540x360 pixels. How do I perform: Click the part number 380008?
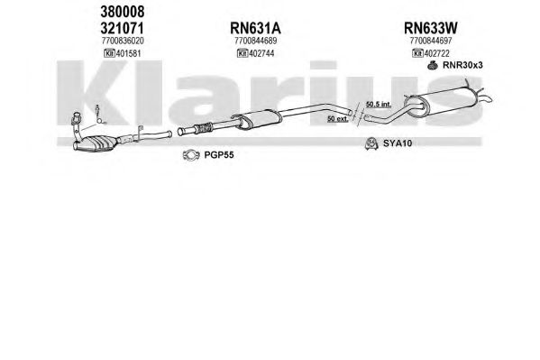[x=123, y=12]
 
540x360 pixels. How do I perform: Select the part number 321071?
[x=122, y=28]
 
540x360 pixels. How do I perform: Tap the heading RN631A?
[x=255, y=28]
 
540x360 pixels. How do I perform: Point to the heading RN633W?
[x=431, y=28]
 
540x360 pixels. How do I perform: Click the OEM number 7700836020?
[x=123, y=41]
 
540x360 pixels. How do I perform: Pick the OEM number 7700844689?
[x=255, y=41]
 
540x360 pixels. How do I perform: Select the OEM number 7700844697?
[x=431, y=41]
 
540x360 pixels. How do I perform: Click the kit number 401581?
[x=128, y=53]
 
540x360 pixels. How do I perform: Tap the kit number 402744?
[x=261, y=53]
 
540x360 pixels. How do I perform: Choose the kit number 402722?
[x=436, y=53]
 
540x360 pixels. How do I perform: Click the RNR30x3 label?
[x=462, y=65]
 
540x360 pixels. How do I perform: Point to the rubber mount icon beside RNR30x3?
[x=433, y=65]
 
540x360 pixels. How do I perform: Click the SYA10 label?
[x=398, y=143]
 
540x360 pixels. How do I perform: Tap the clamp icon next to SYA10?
[x=371, y=143]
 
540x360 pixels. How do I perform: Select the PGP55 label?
[x=219, y=155]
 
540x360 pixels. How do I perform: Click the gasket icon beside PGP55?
[x=191, y=155]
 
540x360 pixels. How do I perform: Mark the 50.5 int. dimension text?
[x=378, y=104]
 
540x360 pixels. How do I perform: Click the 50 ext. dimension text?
[x=337, y=118]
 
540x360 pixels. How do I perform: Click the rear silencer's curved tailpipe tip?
[x=487, y=98]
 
